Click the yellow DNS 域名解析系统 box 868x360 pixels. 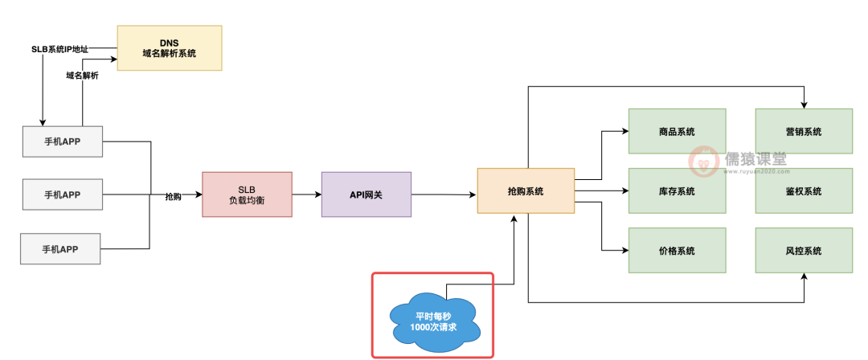tap(169, 47)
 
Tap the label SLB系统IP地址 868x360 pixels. tap(59, 50)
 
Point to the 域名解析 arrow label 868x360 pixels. tap(83, 76)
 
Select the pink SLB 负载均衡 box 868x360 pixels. tap(247, 194)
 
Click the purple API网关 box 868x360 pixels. tap(366, 194)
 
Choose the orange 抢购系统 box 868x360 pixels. tap(526, 190)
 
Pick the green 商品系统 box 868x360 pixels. tap(677, 132)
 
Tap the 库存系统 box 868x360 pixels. tap(677, 191)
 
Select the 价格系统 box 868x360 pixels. tap(677, 251)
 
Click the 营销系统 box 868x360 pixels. tap(804, 132)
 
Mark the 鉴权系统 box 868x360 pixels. tap(804, 191)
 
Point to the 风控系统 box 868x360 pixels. tap(804, 251)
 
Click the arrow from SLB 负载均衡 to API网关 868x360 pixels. tap(306, 194)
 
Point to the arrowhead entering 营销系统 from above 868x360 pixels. tap(804, 104)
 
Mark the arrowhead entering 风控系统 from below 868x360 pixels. tap(804, 277)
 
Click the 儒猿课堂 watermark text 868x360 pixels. tap(755, 158)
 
